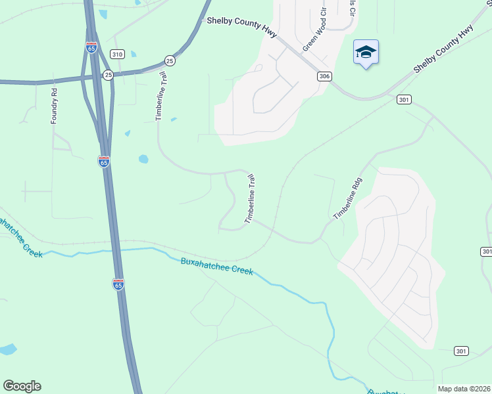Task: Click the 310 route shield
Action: pos(117,54)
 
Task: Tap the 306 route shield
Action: pos(324,77)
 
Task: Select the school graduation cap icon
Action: pos(366,53)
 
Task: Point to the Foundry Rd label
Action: pos(55,106)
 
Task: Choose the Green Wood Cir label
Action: pos(314,31)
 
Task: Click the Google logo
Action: pos(22,386)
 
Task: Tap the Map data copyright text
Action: pos(463,388)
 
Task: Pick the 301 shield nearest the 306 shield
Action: pos(404,99)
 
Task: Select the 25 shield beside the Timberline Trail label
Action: pos(170,60)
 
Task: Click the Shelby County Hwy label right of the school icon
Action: pos(443,49)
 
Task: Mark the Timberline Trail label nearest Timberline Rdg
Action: pos(250,199)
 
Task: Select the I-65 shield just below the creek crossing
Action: pos(118,284)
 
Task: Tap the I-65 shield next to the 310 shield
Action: pos(91,47)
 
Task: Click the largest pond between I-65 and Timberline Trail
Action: pos(143,159)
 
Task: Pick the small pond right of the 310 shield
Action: pos(134,53)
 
